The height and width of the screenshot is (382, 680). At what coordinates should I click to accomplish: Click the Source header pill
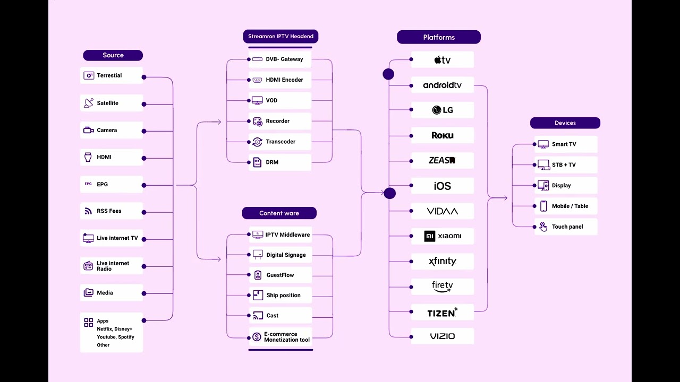pos(113,55)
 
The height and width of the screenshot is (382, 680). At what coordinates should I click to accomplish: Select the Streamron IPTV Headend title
pos(281,37)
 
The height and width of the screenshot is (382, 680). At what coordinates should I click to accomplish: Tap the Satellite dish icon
pos(89,103)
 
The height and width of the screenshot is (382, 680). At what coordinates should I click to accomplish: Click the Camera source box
pos(112,130)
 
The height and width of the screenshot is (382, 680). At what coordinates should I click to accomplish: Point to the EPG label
pos(103,184)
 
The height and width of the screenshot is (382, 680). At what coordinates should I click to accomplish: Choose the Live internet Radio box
pos(112,266)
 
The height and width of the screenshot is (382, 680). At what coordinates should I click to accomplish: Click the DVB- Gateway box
pos(280,59)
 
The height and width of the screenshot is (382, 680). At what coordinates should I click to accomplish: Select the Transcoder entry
pos(280,142)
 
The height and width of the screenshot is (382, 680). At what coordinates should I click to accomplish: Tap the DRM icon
pos(257,162)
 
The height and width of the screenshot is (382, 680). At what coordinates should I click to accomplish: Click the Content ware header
pos(279,213)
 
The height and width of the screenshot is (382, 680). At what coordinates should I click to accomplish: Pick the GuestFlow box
pos(280,275)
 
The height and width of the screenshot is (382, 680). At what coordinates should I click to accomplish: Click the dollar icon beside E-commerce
pos(257,337)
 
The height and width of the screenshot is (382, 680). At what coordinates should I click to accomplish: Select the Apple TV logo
pos(443,60)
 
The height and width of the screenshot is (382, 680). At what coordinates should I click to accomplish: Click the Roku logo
pos(443,135)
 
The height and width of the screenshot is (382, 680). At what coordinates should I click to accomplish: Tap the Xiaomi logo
pos(443,236)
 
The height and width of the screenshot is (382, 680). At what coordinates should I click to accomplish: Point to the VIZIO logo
pos(443,336)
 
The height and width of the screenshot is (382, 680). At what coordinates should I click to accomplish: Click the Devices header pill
pos(565,123)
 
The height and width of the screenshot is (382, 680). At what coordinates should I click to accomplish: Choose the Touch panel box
pos(566,227)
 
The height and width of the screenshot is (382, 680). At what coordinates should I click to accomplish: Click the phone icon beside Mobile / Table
pos(543,206)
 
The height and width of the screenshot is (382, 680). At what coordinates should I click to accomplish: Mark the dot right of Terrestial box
pos(144,77)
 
